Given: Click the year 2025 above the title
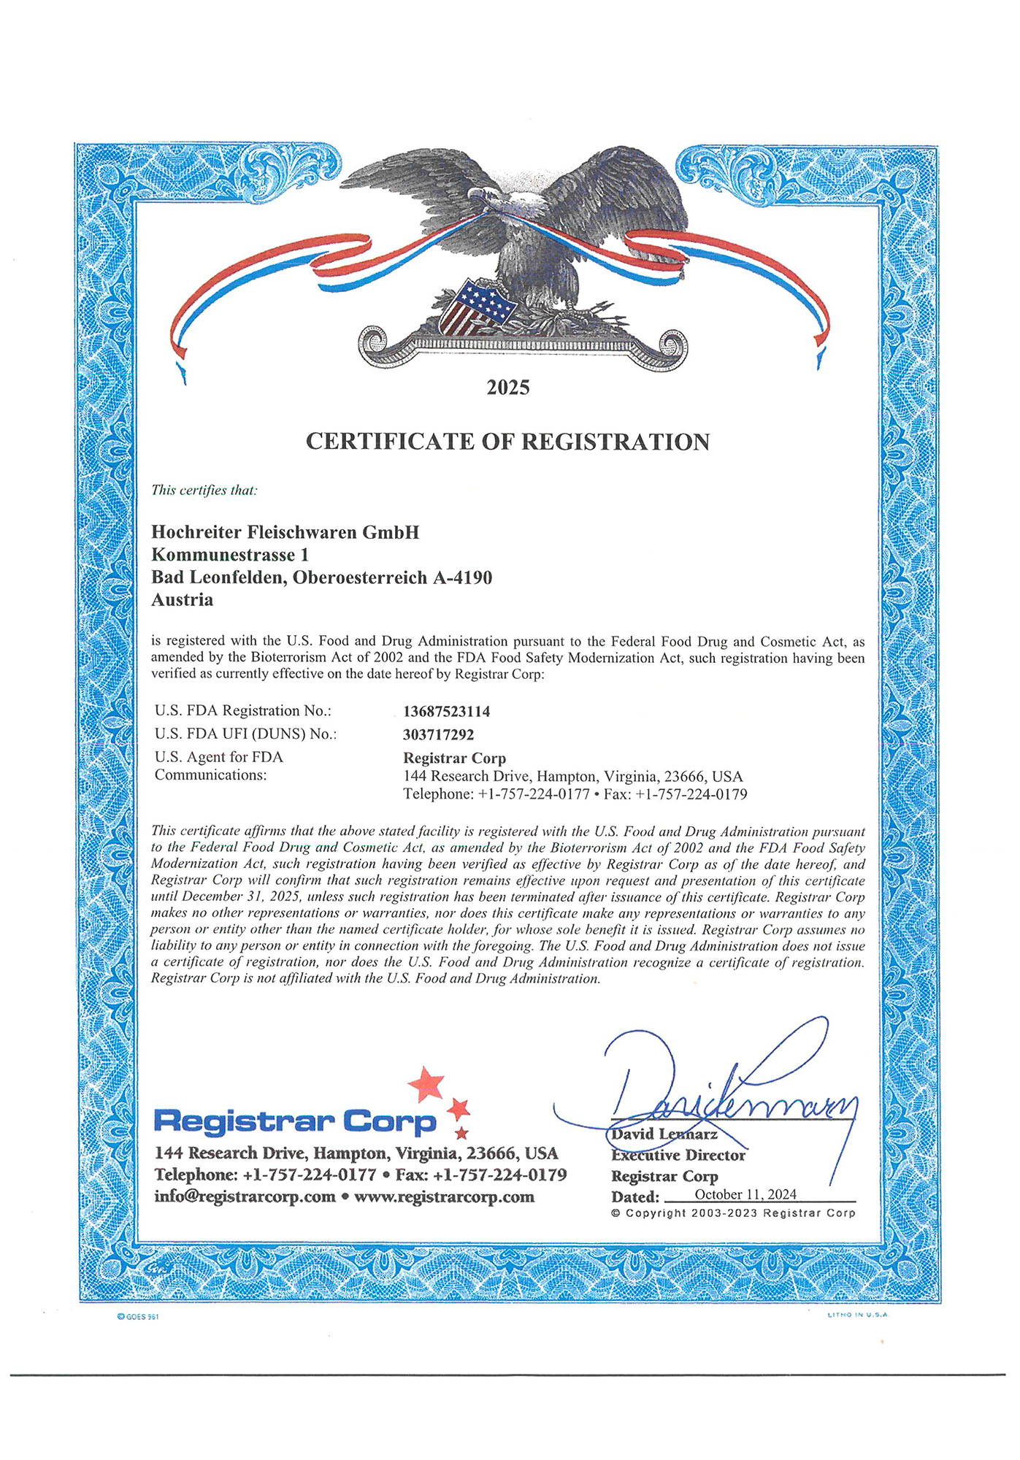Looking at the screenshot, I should point(508,388).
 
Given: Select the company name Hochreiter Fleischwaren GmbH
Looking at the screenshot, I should point(285,532).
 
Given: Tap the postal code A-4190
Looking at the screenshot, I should point(462,577).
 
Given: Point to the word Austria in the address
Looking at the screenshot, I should point(182,600).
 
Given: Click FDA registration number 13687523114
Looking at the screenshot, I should point(446,711).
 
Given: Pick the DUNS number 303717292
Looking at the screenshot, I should point(438,734).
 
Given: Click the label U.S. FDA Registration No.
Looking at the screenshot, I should point(242,710).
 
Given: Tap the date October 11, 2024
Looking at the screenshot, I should point(745,1194).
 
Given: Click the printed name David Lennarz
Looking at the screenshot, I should point(664,1134).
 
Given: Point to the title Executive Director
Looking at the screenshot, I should point(678,1155).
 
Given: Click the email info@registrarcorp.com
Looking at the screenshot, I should point(245,1196).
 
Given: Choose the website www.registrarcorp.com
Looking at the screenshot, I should point(444,1196).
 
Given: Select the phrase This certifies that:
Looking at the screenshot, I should point(204,490).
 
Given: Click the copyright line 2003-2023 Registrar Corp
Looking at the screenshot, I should point(733,1213).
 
